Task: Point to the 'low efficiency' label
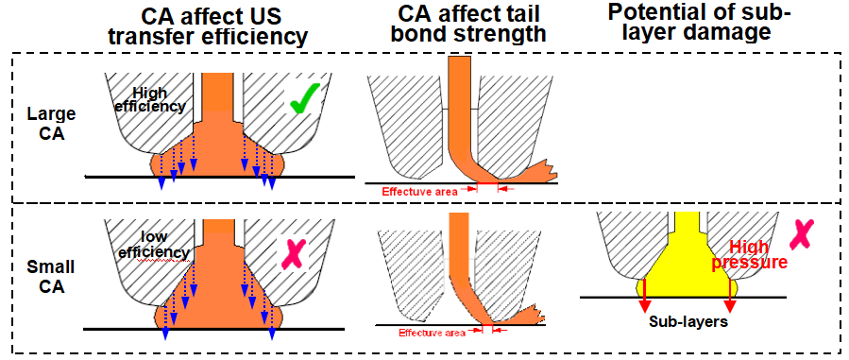[153, 244]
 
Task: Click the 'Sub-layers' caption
[687, 320]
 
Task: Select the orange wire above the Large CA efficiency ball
[219, 94]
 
